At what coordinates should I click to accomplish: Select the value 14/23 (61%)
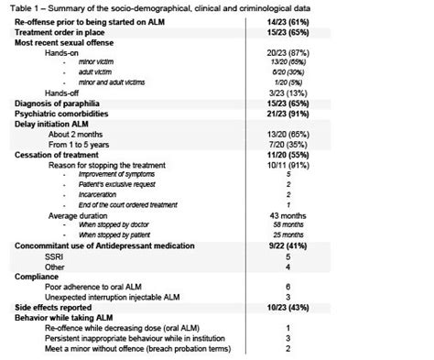[x=290, y=21]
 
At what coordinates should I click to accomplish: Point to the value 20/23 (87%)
[x=290, y=53]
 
